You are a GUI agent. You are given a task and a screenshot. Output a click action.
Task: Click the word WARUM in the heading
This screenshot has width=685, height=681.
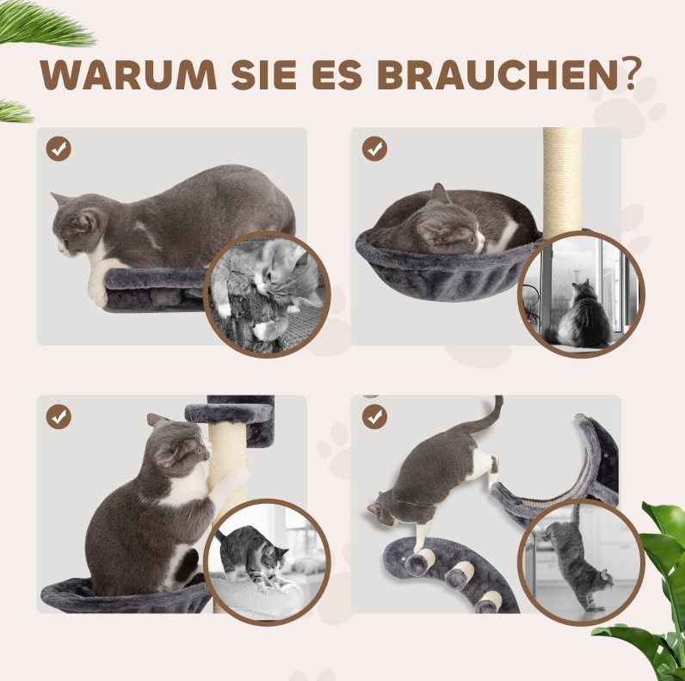(x=128, y=74)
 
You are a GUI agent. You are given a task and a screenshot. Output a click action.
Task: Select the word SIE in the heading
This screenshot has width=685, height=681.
(x=264, y=74)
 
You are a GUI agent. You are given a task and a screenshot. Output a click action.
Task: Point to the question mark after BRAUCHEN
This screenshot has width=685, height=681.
(x=631, y=72)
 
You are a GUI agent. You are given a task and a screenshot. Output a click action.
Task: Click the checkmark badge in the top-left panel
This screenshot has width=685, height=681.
(x=59, y=149)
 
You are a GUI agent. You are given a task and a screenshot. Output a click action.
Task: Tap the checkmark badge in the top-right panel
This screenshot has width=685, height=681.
(x=374, y=149)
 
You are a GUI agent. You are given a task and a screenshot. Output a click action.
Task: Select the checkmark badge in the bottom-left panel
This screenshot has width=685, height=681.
(x=59, y=417)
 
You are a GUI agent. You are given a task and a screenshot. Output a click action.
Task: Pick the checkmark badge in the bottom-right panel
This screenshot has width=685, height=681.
(x=374, y=417)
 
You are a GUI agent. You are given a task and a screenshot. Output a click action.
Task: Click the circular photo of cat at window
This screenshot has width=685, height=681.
(x=581, y=294)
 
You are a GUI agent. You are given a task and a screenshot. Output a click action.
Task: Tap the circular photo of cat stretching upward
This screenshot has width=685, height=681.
(x=581, y=562)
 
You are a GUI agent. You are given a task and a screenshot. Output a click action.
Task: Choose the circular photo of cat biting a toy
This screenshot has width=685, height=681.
(x=267, y=294)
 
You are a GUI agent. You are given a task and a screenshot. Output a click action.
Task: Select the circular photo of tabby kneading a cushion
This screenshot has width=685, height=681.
(x=267, y=562)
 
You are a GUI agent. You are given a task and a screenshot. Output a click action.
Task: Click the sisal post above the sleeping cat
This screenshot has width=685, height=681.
(x=563, y=181)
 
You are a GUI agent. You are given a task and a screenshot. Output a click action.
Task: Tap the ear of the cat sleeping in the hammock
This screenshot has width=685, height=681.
(x=439, y=193)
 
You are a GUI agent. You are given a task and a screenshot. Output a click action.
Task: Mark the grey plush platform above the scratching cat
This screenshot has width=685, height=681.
(x=231, y=414)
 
